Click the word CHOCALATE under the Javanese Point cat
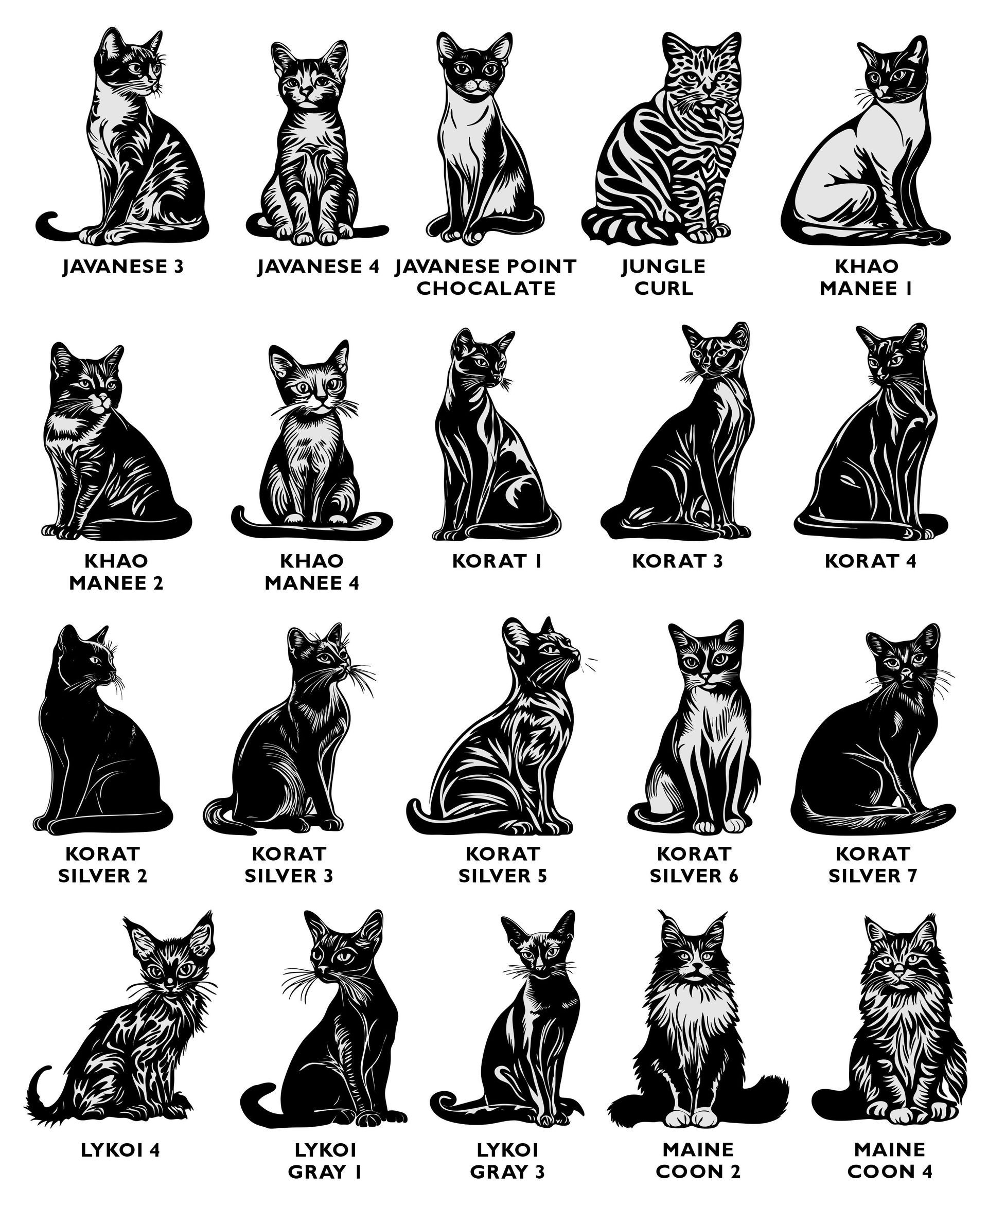click(x=485, y=288)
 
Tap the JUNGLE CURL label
click(x=664, y=277)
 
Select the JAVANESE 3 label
click(x=123, y=267)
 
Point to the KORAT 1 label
click(x=497, y=561)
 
